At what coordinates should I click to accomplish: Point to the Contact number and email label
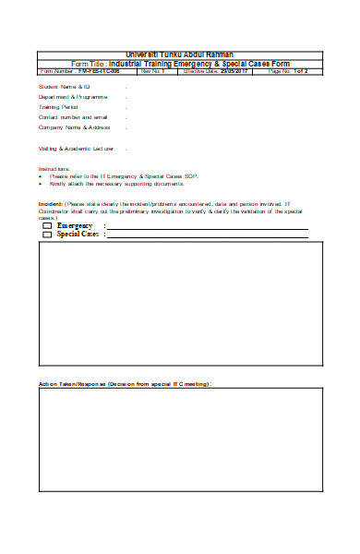[73, 117]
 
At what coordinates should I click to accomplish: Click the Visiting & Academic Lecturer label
[77, 148]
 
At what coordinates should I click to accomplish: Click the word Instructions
[54, 169]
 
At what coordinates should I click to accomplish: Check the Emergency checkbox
[47, 226]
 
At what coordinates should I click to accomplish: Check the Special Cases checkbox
[47, 235]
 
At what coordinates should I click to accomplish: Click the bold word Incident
[50, 203]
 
